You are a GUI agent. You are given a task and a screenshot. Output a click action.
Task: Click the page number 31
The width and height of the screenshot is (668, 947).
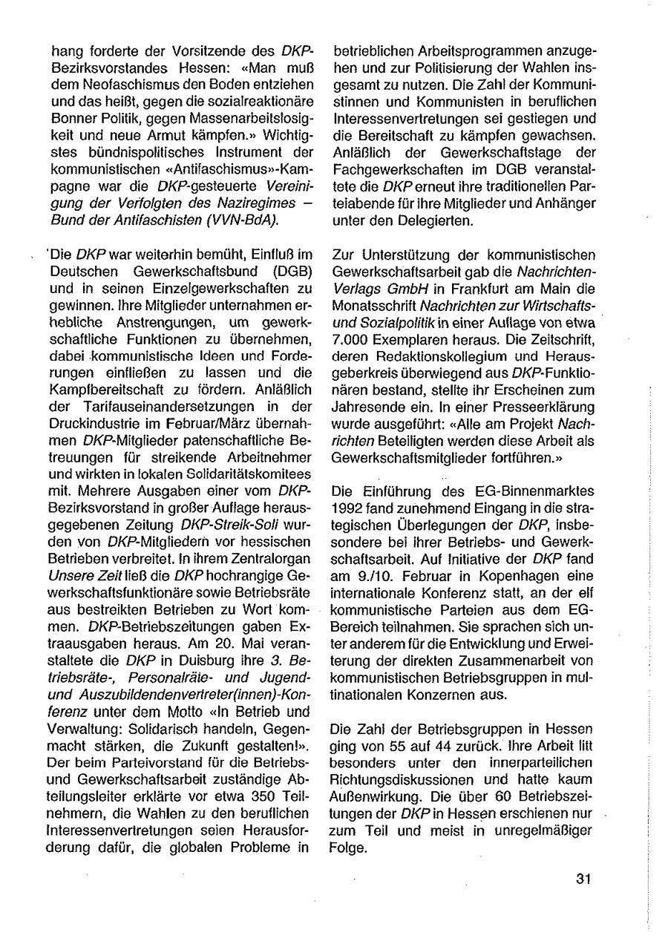click(582, 879)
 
